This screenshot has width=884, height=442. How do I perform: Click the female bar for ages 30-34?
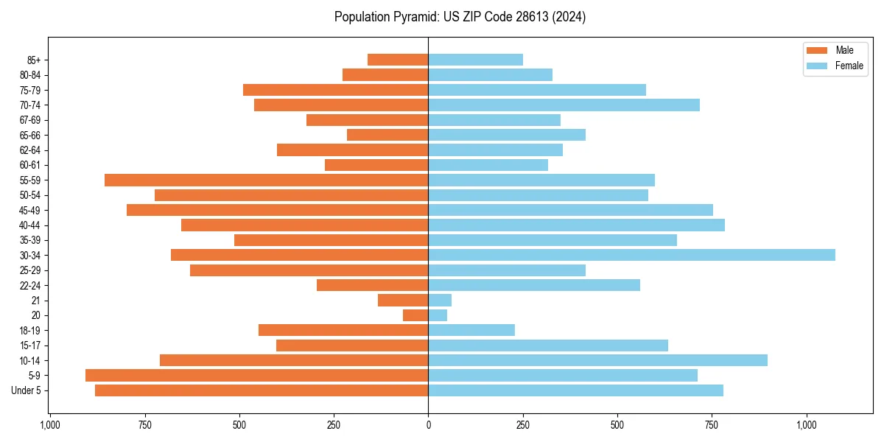[x=631, y=255]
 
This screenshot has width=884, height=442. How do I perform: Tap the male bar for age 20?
[x=415, y=315]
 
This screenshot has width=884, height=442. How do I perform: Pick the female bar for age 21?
[x=440, y=300]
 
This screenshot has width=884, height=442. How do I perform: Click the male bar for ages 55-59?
[x=266, y=180]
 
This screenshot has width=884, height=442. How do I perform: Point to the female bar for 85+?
[x=475, y=60]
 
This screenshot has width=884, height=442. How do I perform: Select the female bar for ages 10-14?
[x=597, y=360]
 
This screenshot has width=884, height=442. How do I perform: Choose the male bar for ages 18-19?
[x=343, y=330]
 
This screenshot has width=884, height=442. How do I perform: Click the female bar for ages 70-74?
[x=564, y=105]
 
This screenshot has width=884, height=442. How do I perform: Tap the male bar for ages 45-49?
[x=277, y=210]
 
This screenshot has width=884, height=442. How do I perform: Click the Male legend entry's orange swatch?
[x=817, y=50]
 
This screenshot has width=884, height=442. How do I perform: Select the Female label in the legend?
[x=849, y=66]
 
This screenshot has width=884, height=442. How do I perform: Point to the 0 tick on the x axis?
[x=428, y=425]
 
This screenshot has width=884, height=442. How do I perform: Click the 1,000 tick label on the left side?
[x=50, y=425]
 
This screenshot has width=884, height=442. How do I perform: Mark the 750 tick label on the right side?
[x=712, y=425]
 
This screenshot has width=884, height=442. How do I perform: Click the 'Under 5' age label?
[x=27, y=390]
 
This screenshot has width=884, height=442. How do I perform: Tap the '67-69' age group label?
[x=30, y=120]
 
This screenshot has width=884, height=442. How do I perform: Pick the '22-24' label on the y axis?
[x=30, y=285]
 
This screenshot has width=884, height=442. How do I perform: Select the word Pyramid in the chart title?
[x=415, y=17]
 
